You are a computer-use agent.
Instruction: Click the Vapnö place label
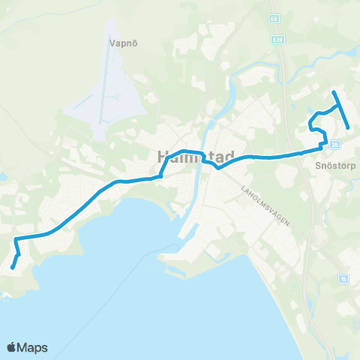tap(122, 43)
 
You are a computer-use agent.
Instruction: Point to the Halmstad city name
tap(195, 157)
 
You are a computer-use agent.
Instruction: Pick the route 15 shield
tap(343, 279)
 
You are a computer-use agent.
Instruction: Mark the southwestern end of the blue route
tap(13, 267)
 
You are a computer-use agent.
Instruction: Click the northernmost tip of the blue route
tap(334, 92)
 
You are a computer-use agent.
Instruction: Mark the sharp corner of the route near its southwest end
tap(16, 240)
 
